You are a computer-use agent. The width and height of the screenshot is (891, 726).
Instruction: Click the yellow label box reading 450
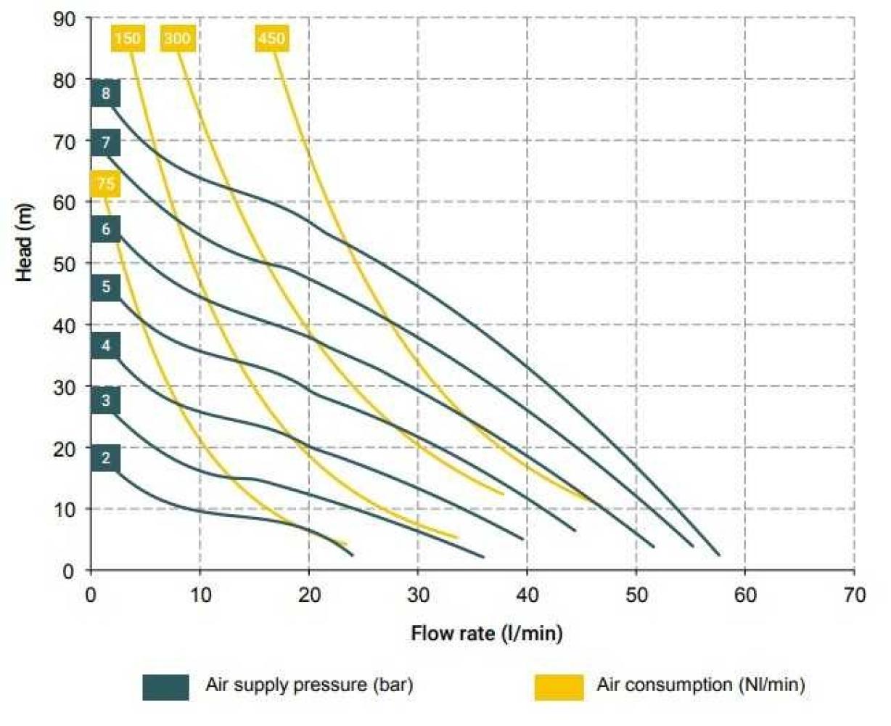(271, 38)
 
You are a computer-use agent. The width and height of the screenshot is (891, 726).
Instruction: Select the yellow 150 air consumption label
(127, 38)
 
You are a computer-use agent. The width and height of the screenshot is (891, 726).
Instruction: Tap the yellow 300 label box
(177, 38)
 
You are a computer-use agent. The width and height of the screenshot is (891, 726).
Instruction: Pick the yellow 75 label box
(106, 184)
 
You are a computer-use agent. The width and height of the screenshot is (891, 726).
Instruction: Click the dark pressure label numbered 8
(106, 94)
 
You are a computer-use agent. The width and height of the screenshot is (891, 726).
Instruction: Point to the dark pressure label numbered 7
(106, 142)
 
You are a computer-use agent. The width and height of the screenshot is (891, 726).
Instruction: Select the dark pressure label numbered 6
(106, 229)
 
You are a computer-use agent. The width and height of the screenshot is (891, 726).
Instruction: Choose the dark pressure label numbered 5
(106, 287)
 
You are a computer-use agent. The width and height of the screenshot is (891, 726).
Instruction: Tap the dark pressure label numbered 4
(106, 346)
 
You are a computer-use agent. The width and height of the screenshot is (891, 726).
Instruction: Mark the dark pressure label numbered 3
(106, 400)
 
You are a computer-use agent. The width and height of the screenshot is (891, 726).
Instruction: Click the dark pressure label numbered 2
(106, 458)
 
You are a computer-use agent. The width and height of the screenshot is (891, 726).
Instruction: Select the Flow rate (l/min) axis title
(486, 633)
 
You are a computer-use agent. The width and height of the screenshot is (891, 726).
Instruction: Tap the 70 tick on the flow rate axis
(855, 595)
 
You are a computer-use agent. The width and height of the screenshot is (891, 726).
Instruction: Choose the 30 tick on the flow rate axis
(418, 595)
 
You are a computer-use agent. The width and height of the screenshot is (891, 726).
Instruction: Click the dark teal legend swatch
(165, 687)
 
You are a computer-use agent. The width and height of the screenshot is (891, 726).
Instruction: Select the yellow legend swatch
(559, 687)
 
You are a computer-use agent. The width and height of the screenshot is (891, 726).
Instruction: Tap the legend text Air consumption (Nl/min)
(700, 685)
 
